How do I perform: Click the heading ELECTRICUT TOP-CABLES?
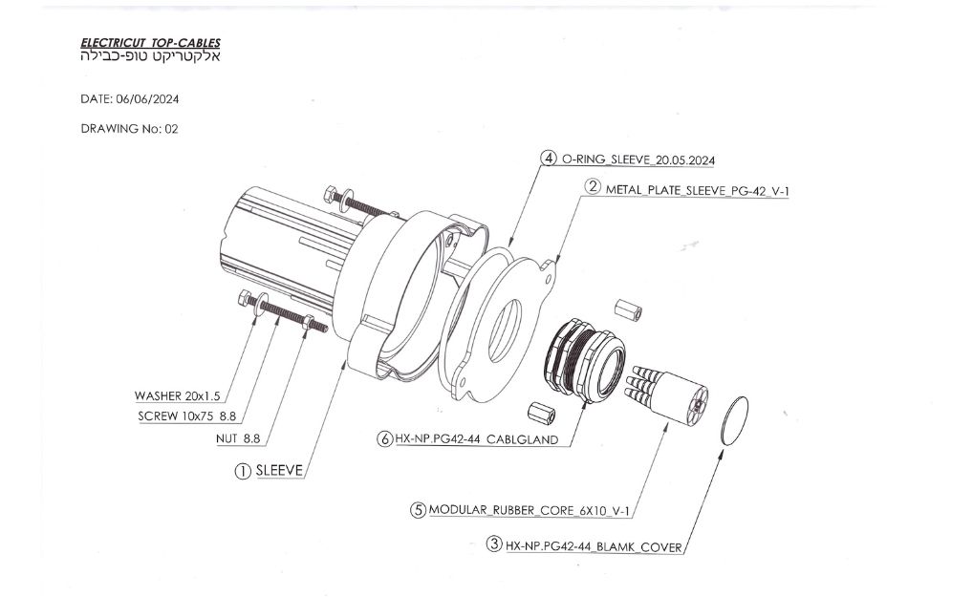150,43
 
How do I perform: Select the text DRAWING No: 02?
129,129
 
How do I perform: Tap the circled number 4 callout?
549,159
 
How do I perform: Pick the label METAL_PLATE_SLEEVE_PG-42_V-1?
697,189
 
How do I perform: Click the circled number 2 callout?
594,188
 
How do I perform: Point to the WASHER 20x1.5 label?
177,395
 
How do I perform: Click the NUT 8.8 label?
238,439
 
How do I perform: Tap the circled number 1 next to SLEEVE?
243,470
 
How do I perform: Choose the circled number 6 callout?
384,439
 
